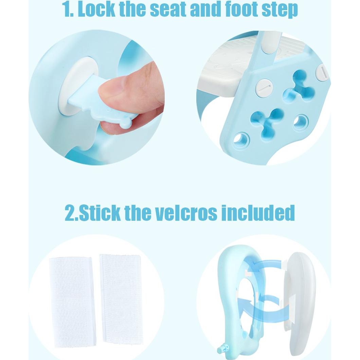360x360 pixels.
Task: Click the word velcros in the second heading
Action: click(183, 213)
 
